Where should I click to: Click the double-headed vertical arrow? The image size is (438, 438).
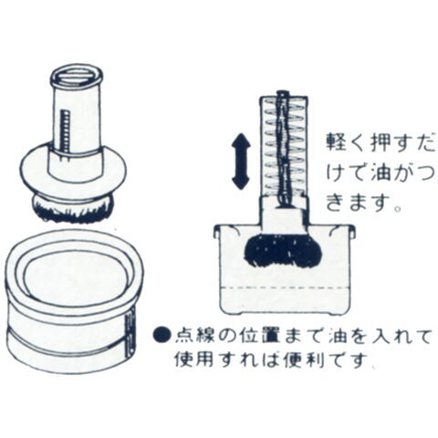point(241,162)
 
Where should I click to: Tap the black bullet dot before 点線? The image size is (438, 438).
point(162,335)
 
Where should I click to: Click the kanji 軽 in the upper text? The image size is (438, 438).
point(336,143)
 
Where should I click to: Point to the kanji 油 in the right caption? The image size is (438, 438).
point(381,173)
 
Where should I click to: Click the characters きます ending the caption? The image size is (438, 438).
point(358,203)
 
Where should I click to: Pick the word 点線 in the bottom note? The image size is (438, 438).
point(195,335)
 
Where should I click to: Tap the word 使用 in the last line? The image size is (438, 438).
point(195,360)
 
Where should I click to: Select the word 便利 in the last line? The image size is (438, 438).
point(304,360)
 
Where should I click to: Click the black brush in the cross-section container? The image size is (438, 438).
point(283,250)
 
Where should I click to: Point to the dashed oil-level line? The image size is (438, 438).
point(284,287)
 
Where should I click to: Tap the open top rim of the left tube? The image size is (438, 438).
point(77,76)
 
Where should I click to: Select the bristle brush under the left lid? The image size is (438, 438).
point(73,209)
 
